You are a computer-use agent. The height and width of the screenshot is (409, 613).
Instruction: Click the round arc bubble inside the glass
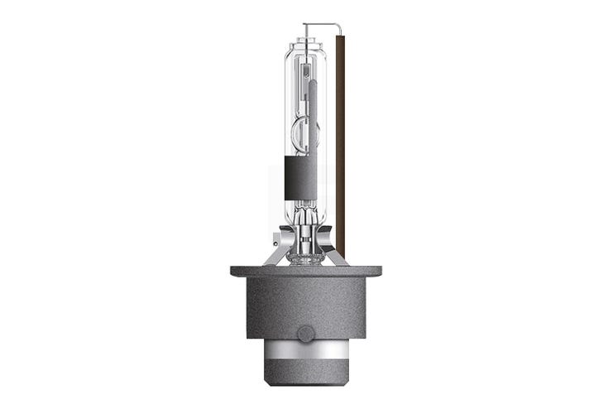(305, 131)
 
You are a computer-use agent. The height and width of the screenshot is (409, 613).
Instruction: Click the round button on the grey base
(305, 334)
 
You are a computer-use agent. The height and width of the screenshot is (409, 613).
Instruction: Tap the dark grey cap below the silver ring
(305, 375)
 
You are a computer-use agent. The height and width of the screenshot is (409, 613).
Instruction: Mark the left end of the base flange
(234, 271)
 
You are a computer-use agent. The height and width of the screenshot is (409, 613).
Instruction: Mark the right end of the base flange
(378, 271)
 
